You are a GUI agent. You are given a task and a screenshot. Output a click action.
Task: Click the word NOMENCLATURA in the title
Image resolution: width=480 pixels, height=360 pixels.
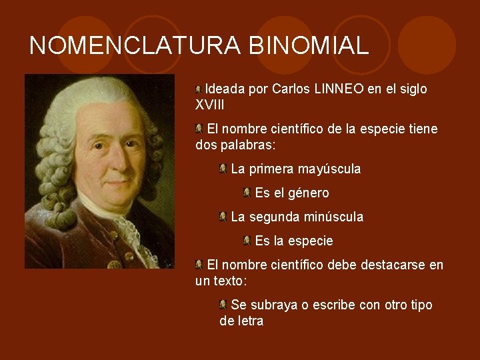(x=136, y=45)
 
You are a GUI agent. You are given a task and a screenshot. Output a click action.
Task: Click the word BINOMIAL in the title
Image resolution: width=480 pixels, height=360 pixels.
(x=308, y=45)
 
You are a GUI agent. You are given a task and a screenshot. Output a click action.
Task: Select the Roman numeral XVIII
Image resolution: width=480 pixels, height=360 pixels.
(x=209, y=105)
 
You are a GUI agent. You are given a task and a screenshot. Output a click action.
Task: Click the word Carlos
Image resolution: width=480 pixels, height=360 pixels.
(x=290, y=89)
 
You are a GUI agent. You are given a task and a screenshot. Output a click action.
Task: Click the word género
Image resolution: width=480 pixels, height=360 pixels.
(x=309, y=193)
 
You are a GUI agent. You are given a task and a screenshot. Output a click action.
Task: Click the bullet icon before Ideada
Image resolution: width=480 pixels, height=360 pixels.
(x=199, y=89)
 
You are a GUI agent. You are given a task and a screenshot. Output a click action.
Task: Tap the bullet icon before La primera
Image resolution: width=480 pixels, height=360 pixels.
(x=223, y=169)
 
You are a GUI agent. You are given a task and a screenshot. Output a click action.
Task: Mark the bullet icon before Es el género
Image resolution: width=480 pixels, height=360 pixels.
(x=247, y=193)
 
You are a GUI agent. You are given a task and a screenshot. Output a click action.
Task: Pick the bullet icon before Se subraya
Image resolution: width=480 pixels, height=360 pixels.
(x=223, y=305)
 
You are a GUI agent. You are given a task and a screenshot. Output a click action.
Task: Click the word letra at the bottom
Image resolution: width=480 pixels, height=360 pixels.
(x=249, y=321)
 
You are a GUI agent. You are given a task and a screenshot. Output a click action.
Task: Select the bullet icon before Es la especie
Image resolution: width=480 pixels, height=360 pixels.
(x=247, y=240)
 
